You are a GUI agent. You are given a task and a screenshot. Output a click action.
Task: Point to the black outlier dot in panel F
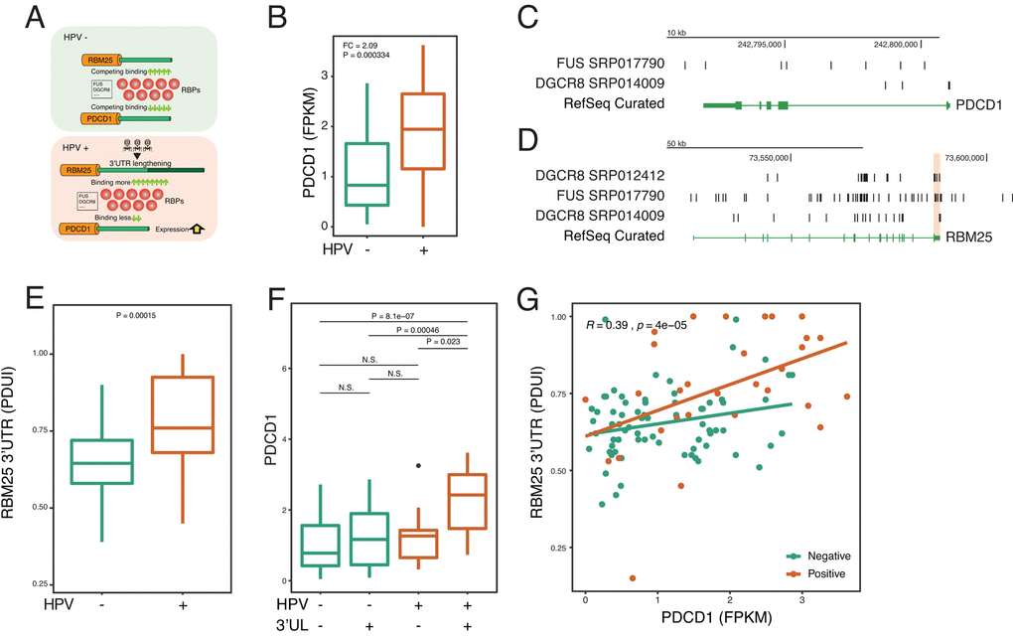tap(419, 465)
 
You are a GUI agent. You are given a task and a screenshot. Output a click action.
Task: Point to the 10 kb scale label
tap(676, 33)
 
